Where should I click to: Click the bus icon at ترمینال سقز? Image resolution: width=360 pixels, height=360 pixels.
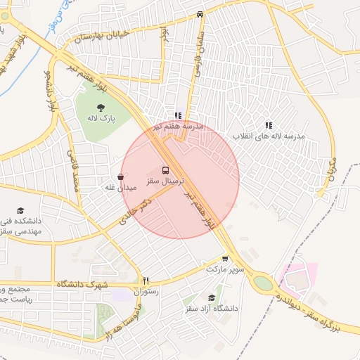pos(166,170)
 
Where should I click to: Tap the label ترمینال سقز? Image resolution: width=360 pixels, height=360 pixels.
pos(165,181)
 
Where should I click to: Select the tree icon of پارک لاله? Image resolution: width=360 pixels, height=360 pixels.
pos(101,108)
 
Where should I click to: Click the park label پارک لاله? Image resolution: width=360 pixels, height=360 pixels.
pos(102,120)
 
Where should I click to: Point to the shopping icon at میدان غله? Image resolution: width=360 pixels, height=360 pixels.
pos(120,176)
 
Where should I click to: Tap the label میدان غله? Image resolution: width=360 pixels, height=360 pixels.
pos(120,187)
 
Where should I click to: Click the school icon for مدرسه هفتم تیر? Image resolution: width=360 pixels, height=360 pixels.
pos(178,115)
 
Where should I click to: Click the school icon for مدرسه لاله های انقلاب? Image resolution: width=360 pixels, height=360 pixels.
pos(269,125)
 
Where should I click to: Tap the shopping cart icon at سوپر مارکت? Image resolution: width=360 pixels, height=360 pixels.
pos(225,259)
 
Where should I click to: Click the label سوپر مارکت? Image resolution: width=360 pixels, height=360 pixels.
pos(225,269)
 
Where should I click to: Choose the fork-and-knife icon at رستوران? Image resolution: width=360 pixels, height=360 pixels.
pos(146,280)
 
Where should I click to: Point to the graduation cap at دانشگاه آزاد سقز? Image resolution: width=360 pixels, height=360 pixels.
pos(212,297)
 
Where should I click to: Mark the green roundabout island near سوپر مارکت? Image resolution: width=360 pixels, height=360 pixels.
pos(262,283)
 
